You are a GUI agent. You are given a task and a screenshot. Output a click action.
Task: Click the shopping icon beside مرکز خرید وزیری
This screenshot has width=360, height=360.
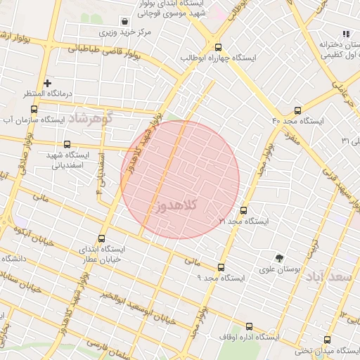(x=124, y=21)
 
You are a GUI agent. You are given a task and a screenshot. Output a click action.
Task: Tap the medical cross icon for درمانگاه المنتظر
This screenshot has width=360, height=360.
(x=48, y=83)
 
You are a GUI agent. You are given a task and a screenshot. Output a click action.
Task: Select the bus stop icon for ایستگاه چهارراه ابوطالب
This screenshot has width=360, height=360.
(x=219, y=46)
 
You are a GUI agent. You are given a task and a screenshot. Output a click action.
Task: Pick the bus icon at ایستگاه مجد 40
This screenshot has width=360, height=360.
(x=297, y=110)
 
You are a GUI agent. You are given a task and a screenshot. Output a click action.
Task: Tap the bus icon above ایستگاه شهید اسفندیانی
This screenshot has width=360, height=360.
(x=67, y=144)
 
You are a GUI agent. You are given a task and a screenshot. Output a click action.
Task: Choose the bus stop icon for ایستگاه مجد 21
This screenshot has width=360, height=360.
(x=244, y=210)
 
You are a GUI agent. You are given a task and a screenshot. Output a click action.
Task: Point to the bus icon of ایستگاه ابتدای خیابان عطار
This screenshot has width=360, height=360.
(x=102, y=238)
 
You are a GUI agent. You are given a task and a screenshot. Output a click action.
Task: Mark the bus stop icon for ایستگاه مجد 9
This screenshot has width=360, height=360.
(x=221, y=267)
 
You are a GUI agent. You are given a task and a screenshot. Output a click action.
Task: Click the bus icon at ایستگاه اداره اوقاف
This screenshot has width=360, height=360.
(x=249, y=327)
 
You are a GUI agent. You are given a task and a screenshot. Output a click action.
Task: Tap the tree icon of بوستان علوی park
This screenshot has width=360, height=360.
(x=280, y=257)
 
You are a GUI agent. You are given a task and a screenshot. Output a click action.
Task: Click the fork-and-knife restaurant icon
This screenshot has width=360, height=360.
(x=345, y=33)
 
